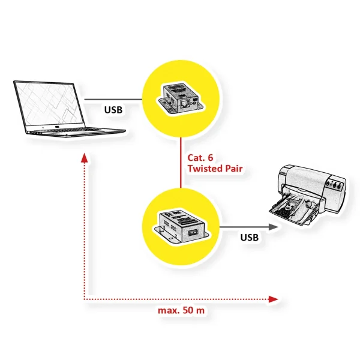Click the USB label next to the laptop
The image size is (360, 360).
coord(114,110)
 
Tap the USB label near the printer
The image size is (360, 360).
coord(249,238)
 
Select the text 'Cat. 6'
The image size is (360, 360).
coord(200,157)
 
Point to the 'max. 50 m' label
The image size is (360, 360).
coord(179,311)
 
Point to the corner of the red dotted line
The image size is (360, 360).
coord(84,298)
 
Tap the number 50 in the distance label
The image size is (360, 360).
coord(185,311)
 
